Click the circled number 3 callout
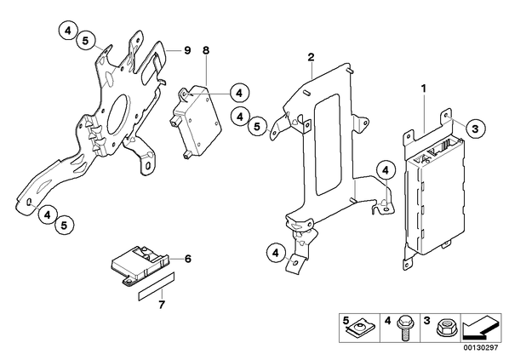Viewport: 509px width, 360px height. pos(475,129)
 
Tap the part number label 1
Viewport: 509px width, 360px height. pos(424,89)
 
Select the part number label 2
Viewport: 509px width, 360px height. pos(311,58)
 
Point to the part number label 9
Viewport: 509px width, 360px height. pos(187,51)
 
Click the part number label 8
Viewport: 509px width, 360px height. pos(206,51)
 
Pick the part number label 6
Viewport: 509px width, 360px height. pos(188,259)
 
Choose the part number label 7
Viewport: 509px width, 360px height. pos(162,305)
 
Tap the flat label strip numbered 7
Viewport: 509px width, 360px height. pos(157,286)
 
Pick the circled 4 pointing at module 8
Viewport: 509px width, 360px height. pos(239,94)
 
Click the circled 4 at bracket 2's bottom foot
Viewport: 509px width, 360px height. pos(276,254)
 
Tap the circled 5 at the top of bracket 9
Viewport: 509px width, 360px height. pos(85,41)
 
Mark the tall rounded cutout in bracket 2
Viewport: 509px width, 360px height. pos(327,145)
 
